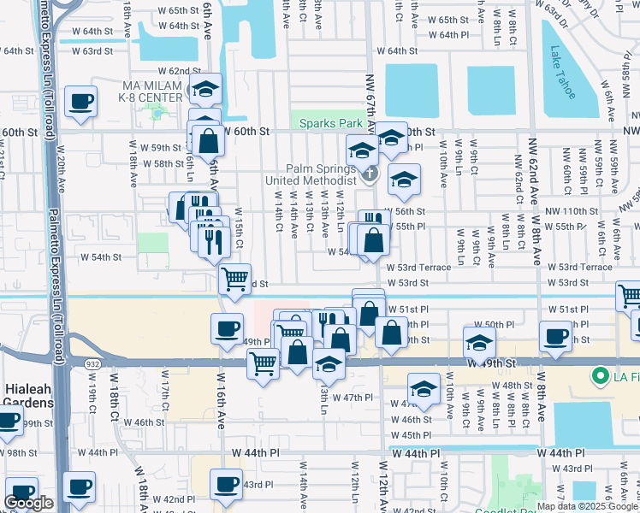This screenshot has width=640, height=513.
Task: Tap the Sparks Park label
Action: [331, 123]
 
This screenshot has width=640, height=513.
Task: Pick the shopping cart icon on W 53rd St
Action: [234, 278]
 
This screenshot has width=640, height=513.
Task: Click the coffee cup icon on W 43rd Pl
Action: [227, 484]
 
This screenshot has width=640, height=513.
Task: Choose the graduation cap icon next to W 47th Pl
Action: [423, 389]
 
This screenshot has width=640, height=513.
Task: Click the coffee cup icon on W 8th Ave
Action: [554, 336]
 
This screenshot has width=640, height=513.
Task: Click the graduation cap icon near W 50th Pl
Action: [479, 343]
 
